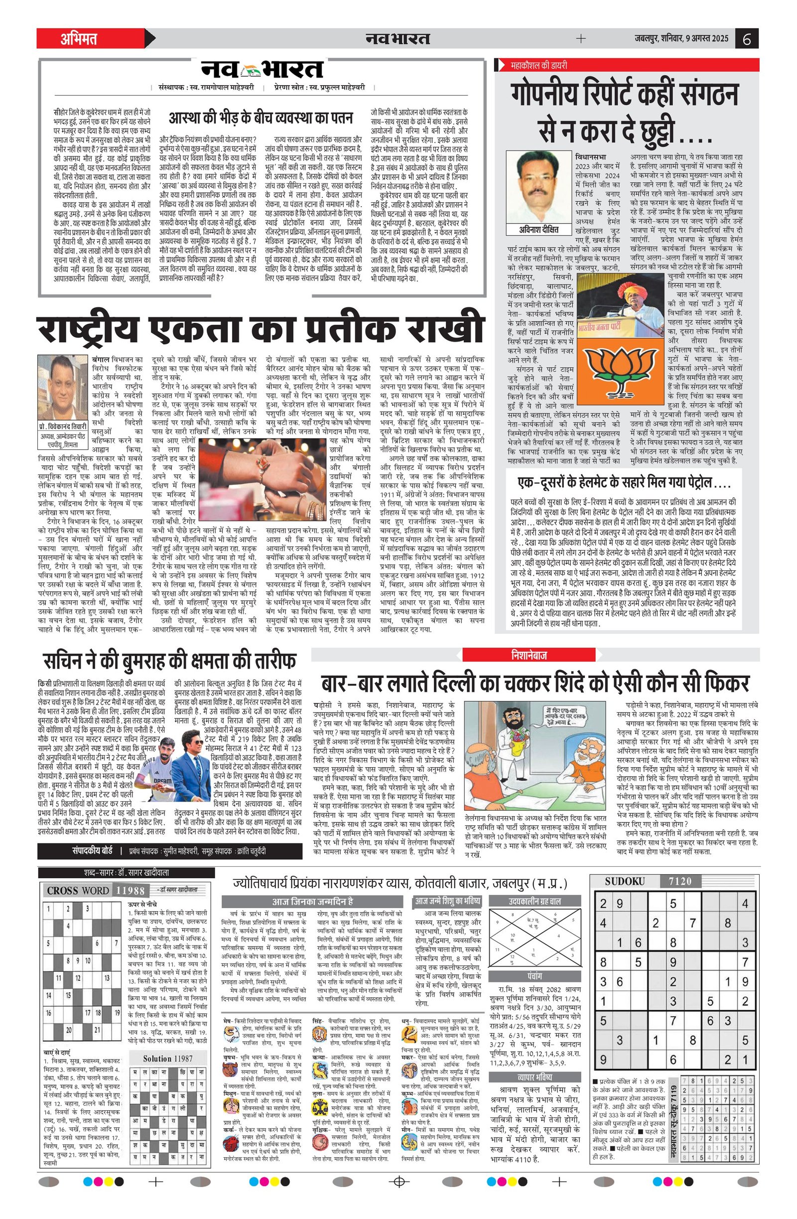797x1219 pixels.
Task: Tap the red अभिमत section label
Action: (x=79, y=39)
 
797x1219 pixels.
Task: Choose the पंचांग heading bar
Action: (x=535, y=976)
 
